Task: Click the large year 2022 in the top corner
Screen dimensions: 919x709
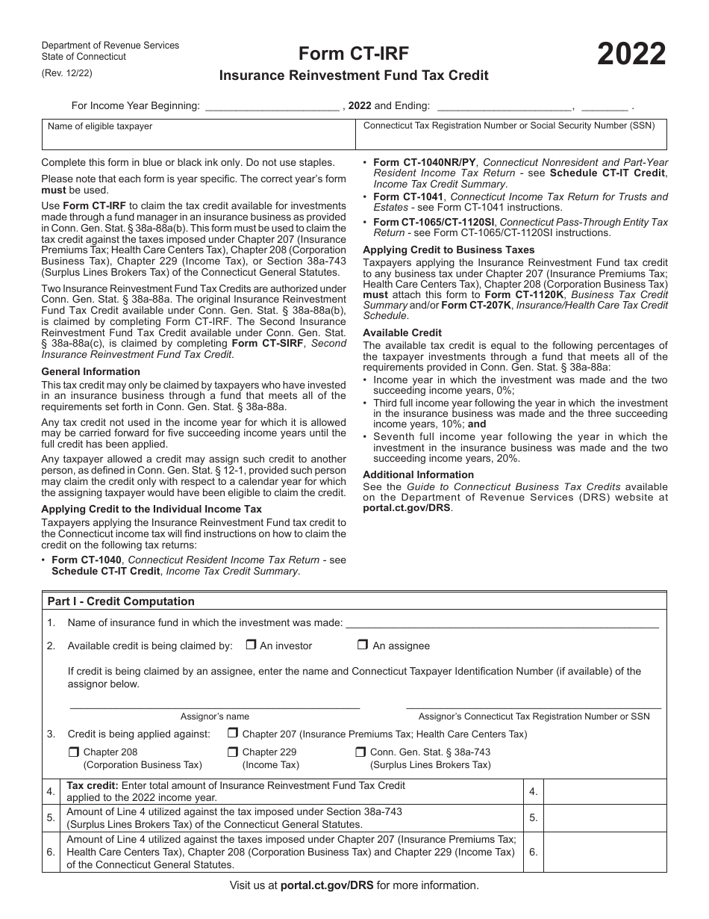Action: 631,55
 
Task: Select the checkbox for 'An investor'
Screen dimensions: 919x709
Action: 251,646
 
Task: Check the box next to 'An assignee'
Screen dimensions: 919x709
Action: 363,646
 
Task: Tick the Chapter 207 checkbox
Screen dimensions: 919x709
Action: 233,734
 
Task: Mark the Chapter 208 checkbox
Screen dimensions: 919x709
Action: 73,752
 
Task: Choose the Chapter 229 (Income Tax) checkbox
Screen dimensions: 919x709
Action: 233,752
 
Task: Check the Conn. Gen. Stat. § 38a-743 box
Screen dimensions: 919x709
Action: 360,752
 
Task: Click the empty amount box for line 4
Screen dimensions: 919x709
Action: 605,791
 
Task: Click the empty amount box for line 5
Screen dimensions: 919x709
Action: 605,818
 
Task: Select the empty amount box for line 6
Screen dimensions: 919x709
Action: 605,852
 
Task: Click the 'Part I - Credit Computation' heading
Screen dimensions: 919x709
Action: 121,601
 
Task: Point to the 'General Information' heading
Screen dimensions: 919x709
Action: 90,371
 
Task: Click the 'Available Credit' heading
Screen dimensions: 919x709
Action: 402,332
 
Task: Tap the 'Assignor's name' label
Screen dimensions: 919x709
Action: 215,717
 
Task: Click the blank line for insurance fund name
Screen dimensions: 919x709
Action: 502,623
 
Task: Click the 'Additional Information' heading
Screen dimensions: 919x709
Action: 418,474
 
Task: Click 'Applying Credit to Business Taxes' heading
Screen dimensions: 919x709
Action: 449,250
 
